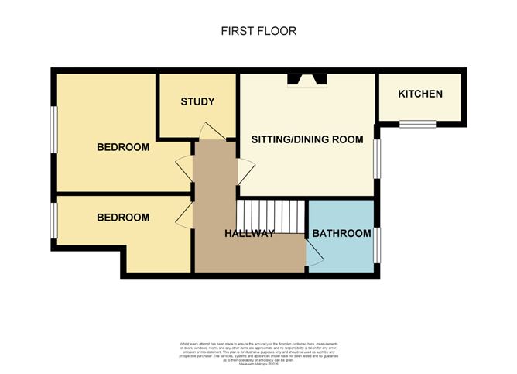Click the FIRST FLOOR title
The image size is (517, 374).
258,31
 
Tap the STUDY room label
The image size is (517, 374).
197,102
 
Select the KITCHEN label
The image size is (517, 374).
420,94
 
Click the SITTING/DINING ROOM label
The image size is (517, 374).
307,139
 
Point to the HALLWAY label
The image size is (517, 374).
249,233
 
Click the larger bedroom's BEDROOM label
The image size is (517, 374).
122,147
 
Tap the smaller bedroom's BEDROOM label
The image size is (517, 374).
122,218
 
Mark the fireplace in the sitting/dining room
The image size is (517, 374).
307,79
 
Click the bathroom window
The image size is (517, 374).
378,245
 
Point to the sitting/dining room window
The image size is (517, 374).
378,160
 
